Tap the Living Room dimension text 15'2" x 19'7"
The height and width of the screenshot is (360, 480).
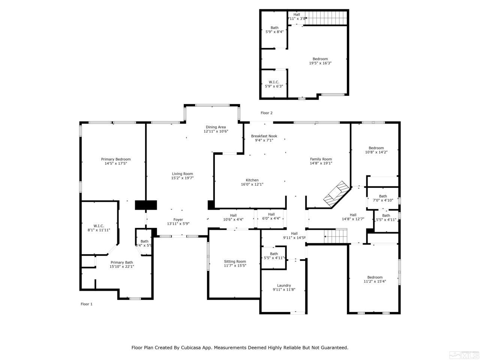(182, 178)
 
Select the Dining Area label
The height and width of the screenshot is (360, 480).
(216, 127)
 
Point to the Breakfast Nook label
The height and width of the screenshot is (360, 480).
(264, 136)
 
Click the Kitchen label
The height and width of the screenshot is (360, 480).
(252, 180)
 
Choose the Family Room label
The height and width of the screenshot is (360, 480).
(321, 159)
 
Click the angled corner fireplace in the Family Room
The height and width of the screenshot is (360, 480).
(337, 193)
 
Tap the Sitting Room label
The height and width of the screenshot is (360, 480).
(235, 261)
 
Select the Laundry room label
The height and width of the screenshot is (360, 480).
(284, 285)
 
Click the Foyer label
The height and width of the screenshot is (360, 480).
(178, 220)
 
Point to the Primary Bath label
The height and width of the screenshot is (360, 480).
(121, 262)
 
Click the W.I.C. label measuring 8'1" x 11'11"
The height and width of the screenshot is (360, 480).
(99, 226)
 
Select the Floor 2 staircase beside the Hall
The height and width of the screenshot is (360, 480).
(325, 17)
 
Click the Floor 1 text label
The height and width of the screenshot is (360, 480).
(86, 304)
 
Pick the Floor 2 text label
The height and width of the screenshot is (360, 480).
(267, 113)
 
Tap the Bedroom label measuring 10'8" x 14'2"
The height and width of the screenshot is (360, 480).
(376, 148)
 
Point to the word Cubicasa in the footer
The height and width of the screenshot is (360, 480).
(197, 348)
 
